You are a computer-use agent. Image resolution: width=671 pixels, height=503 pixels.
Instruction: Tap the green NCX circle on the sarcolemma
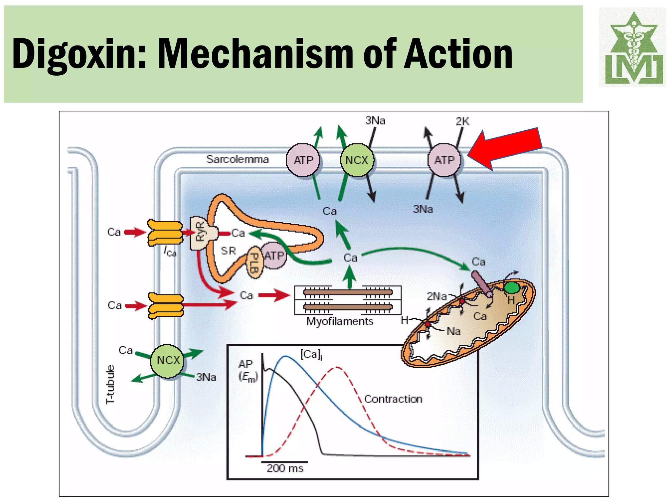point(357,160)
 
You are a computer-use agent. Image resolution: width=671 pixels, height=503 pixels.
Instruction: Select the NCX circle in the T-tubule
point(168,360)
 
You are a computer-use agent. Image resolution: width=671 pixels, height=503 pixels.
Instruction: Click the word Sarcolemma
point(238,159)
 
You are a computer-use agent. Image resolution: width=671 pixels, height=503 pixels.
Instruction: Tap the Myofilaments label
point(340,322)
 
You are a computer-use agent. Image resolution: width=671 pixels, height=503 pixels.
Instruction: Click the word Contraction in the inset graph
point(393,399)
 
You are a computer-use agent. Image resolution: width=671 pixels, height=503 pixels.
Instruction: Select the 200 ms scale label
point(285,468)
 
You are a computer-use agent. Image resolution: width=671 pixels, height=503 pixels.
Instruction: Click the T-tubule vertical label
point(111,384)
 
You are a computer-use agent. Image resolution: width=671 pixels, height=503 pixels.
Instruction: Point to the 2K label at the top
point(463,121)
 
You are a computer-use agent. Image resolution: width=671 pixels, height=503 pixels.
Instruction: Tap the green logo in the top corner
point(632,47)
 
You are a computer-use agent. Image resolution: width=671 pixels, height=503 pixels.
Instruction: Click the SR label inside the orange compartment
point(228,251)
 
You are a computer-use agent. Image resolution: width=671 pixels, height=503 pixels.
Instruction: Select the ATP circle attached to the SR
point(275,255)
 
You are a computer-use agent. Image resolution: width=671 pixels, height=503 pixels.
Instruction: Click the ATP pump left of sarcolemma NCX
point(303,160)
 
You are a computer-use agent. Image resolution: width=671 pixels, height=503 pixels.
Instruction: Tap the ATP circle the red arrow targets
point(445,160)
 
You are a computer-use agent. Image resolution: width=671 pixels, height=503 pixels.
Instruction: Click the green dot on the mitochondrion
point(511,288)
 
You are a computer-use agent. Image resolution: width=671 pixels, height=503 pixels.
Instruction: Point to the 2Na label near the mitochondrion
point(437,297)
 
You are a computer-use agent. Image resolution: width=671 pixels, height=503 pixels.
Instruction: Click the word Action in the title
point(459,53)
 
